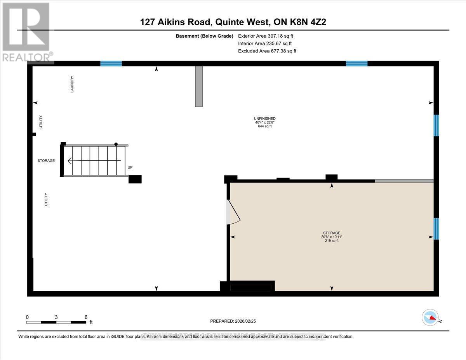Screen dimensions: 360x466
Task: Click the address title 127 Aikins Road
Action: tap(233, 23)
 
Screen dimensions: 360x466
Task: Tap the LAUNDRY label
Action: tap(72, 84)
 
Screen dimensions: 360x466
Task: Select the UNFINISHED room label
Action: tap(264, 118)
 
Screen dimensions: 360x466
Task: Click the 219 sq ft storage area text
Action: tap(332, 241)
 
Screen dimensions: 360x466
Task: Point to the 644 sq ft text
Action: tap(264, 126)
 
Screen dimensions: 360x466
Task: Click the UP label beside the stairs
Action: tap(130, 167)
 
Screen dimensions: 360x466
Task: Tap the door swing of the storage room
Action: tap(233, 212)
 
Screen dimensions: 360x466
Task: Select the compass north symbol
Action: tap(430, 317)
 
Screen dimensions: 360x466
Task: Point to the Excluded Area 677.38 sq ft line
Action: tap(267, 51)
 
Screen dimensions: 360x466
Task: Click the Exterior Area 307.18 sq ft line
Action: tap(266, 36)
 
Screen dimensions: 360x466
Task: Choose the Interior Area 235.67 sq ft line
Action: tap(265, 43)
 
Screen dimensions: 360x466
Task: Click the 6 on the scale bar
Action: tap(86, 317)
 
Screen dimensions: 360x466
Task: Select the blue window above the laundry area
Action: tap(111, 64)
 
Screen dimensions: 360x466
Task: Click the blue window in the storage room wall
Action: tap(436, 229)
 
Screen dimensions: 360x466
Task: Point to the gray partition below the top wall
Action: tap(199, 86)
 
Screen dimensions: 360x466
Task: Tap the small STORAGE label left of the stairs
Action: tap(46, 160)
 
